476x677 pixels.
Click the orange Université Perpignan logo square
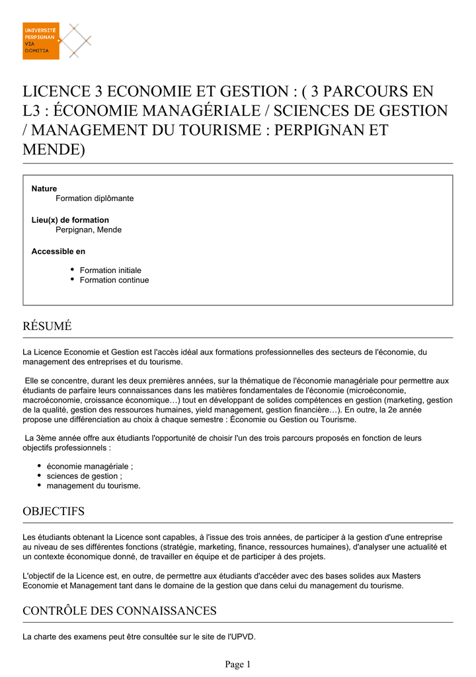click(41, 41)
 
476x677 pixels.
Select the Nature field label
click(44, 188)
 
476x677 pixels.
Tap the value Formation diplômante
click(95, 198)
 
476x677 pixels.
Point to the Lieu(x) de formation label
click(70, 220)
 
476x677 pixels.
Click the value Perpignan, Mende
click(89, 230)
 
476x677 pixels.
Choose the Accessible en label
click(58, 251)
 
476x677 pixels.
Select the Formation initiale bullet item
click(110, 270)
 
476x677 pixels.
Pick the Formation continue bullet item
click(114, 280)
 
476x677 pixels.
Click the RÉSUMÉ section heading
click(47, 326)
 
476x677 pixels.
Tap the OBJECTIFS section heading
click(54, 511)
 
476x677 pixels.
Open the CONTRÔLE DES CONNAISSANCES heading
click(120, 611)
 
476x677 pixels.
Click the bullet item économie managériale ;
click(90, 466)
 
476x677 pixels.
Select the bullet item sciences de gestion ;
click(85, 476)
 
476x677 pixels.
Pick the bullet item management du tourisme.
click(93, 486)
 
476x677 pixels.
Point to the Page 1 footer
click(238, 664)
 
